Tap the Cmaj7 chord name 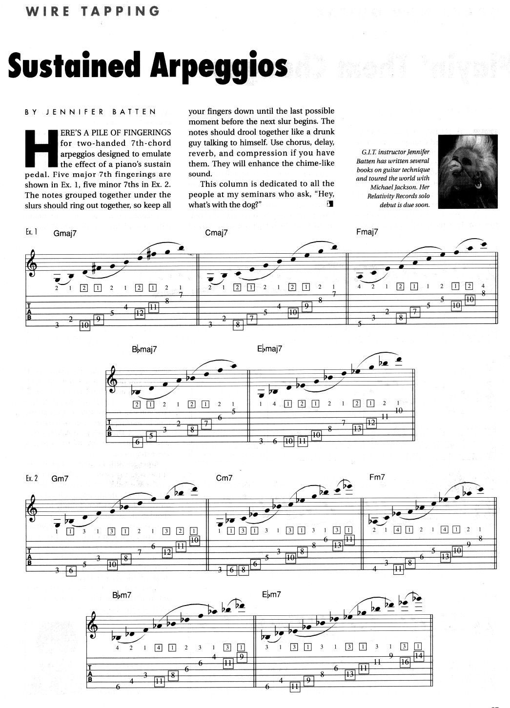coord(217,233)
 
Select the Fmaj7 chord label coord(367,232)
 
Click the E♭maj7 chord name coord(269,349)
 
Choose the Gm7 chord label coord(60,479)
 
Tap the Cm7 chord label coord(224,478)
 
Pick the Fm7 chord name coord(377,477)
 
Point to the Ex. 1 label coord(32,232)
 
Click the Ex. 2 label coord(32,478)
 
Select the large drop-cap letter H coord(41,149)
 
